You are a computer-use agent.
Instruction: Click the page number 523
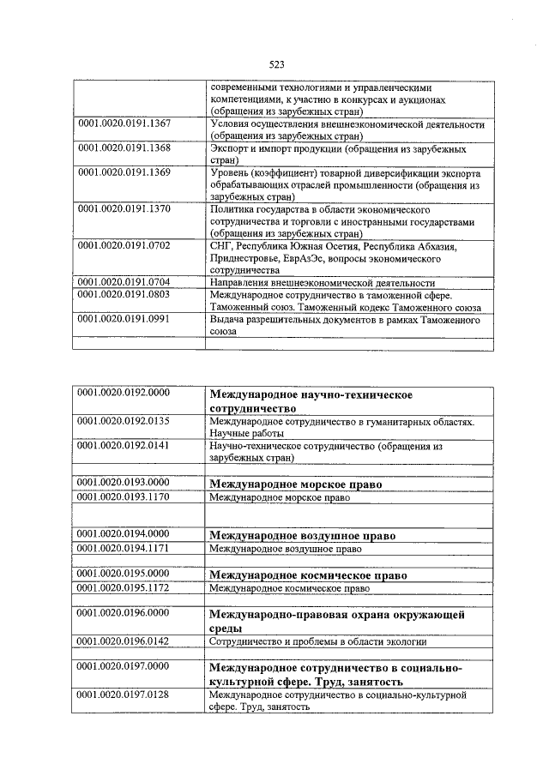[x=276, y=64]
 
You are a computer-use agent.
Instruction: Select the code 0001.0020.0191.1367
[x=124, y=123]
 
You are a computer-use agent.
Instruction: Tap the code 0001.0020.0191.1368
[x=124, y=147]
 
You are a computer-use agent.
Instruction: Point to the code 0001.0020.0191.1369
[x=124, y=172]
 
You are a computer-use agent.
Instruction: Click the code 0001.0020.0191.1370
[x=124, y=208]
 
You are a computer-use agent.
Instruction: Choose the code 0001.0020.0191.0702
[x=124, y=245]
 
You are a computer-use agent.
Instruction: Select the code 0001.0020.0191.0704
[x=124, y=281]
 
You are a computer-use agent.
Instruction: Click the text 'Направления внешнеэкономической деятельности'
[x=322, y=282]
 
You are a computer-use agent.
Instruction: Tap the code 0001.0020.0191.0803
[x=124, y=294]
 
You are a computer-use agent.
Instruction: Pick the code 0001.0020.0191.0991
[x=124, y=319]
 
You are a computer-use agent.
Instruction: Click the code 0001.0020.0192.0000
[x=124, y=393]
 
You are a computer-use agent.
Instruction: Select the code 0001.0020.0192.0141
[x=124, y=446]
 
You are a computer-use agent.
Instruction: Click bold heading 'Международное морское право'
[x=296, y=484]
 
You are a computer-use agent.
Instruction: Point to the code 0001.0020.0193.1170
[x=124, y=496]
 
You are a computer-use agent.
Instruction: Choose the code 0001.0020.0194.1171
[x=124, y=548]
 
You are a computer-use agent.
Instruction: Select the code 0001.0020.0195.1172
[x=124, y=588]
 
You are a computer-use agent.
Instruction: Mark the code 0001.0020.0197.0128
[x=124, y=694]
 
